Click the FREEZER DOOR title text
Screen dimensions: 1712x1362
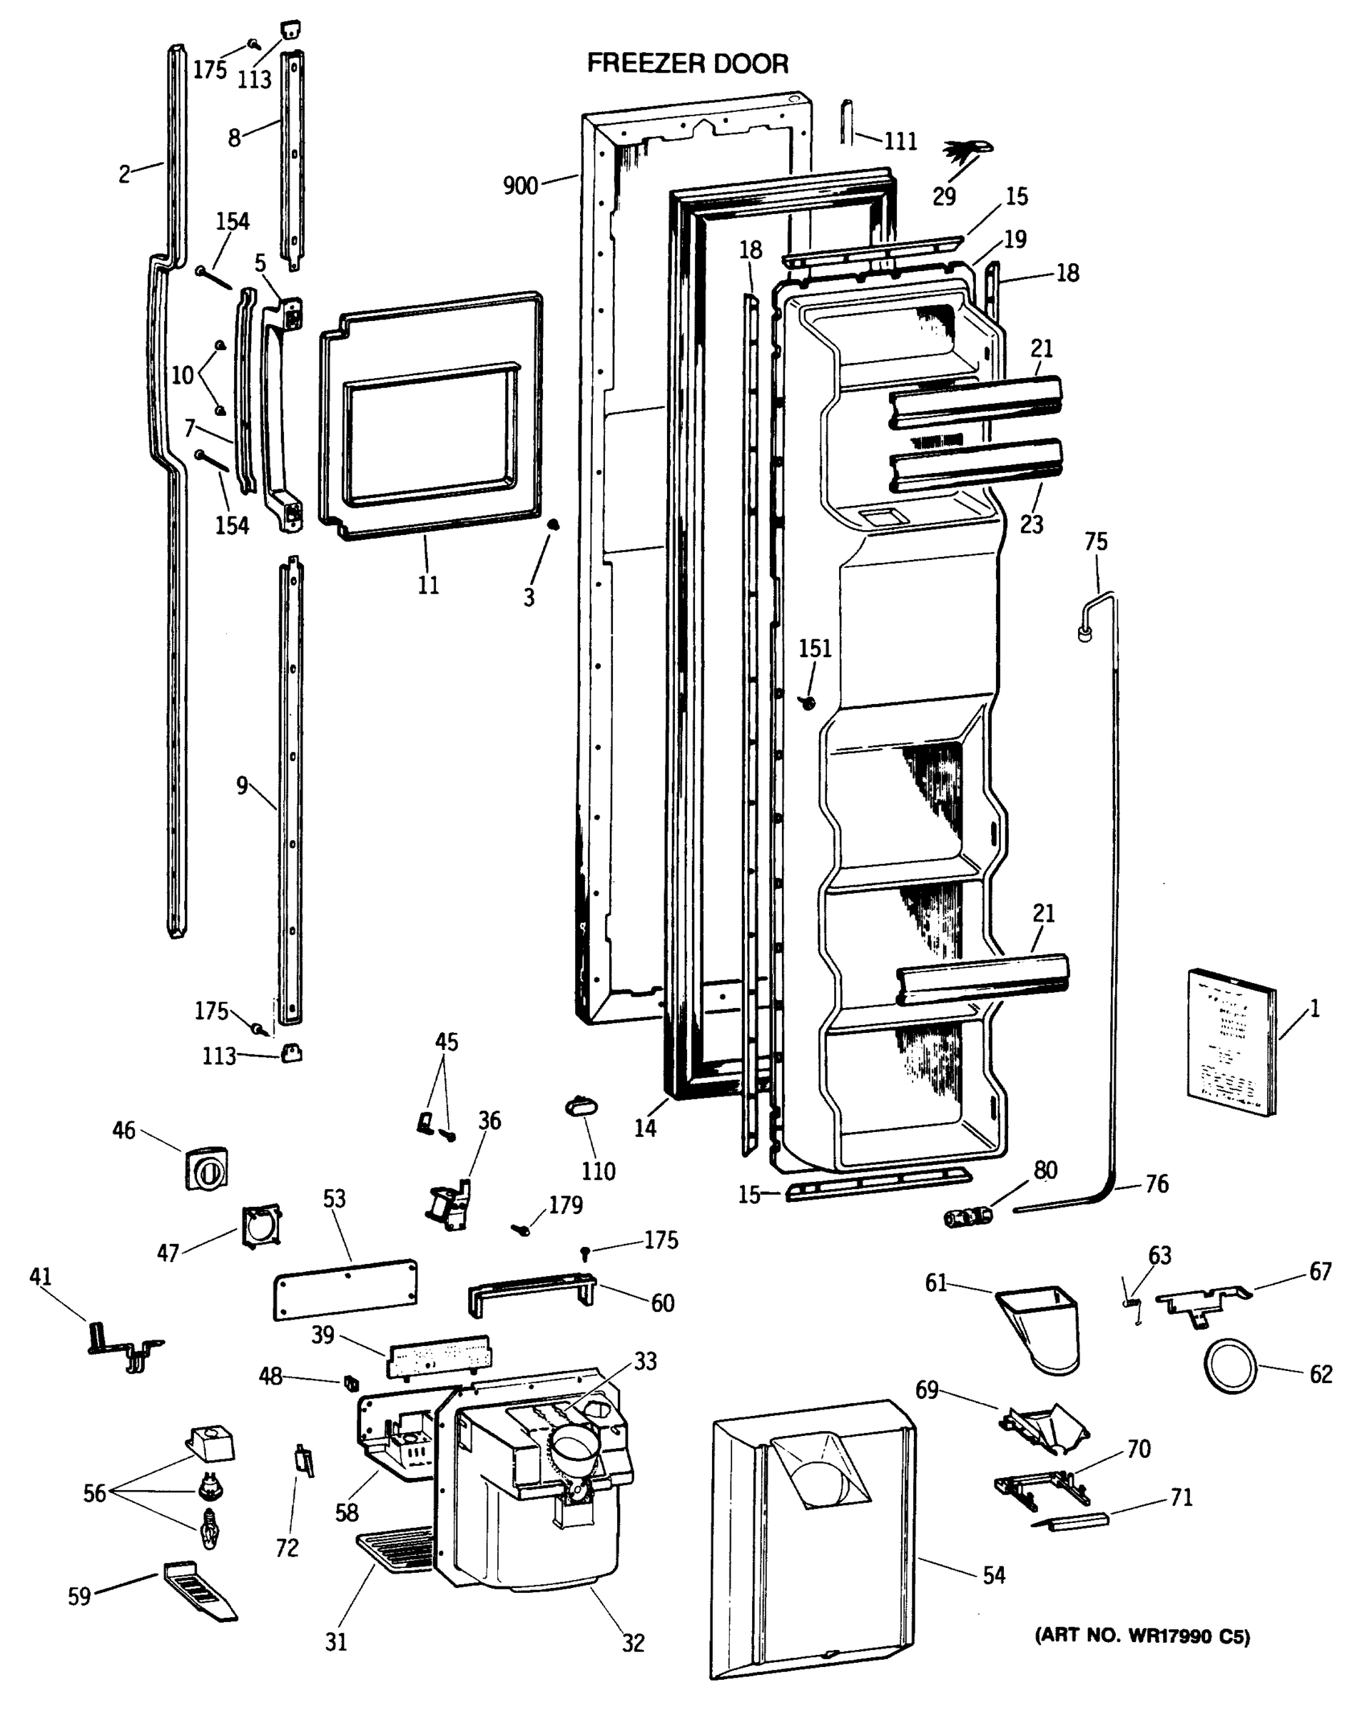(687, 63)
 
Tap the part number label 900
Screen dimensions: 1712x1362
(520, 185)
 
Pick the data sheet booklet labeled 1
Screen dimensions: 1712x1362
(1231, 1041)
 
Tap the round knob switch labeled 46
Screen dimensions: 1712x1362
(206, 1167)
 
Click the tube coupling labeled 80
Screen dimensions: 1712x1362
(967, 1216)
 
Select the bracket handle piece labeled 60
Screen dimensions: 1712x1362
(532, 1288)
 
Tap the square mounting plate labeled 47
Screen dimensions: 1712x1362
(263, 1226)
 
